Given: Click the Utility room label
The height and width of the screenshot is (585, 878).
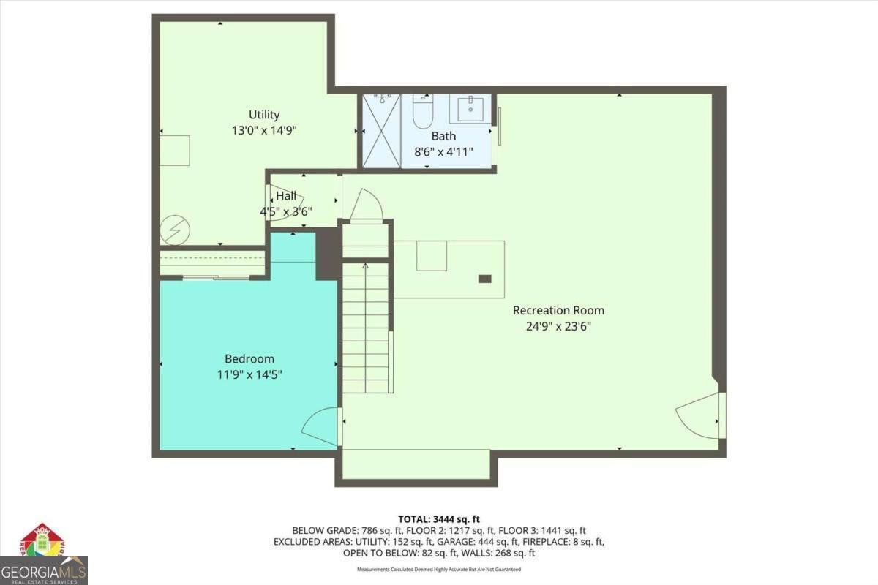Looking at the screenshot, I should pyautogui.click(x=264, y=115).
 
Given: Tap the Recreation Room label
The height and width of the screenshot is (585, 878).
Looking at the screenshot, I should pyautogui.click(x=558, y=310).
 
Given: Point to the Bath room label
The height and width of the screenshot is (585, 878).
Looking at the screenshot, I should pyautogui.click(x=443, y=136).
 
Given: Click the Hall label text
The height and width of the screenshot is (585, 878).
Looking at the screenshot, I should pyautogui.click(x=286, y=196).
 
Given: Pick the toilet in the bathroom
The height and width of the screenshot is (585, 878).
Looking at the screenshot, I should pyautogui.click(x=423, y=113).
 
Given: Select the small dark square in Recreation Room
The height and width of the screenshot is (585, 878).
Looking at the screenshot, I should pyautogui.click(x=484, y=279).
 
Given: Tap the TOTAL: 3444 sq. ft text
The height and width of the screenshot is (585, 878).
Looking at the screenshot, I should pyautogui.click(x=439, y=518).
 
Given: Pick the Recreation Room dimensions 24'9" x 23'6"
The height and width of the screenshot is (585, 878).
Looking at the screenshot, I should pyautogui.click(x=558, y=326).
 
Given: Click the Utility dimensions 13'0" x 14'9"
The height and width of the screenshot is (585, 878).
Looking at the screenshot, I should pyautogui.click(x=264, y=130).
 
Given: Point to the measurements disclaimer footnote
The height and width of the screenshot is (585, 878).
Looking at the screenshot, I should pyautogui.click(x=439, y=569).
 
